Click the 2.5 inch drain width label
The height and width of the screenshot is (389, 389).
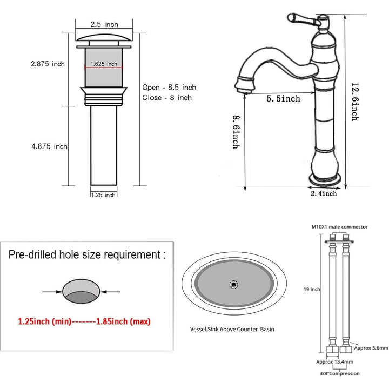104,25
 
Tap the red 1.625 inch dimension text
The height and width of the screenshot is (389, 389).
104,64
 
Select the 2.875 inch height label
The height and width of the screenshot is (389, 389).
48,64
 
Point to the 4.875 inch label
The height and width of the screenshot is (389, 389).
49,146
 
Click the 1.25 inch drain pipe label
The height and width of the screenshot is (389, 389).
103,194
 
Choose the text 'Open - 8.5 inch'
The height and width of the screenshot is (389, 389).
169,87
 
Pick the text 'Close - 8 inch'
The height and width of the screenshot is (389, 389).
167,98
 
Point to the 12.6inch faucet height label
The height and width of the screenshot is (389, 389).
355,102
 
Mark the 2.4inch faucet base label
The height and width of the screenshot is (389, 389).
323,193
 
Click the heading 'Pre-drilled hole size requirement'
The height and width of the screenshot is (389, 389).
87,255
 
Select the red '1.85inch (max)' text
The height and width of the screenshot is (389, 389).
123,321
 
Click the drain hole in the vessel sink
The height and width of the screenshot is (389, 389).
233,283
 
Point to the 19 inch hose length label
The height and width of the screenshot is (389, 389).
312,289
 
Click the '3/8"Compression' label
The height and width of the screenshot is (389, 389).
339,373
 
